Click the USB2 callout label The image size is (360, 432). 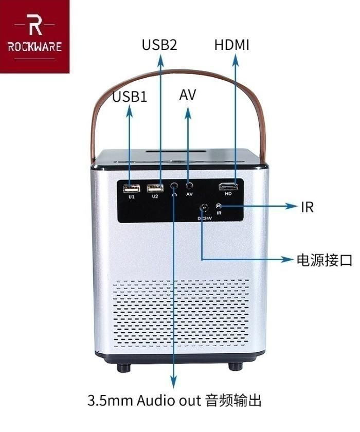(x=159, y=45)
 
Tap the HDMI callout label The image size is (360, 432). (x=232, y=45)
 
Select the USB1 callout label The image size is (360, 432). (x=130, y=97)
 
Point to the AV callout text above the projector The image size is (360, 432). (x=188, y=95)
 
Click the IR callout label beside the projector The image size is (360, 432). (x=307, y=207)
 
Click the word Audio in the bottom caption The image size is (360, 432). (x=155, y=401)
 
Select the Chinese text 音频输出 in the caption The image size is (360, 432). (x=237, y=401)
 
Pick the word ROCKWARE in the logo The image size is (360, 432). (x=35, y=47)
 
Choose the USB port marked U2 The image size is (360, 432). (x=155, y=188)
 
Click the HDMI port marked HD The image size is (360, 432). (x=228, y=187)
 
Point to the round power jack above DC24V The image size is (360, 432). (x=204, y=208)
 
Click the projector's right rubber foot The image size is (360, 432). (x=235, y=367)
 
